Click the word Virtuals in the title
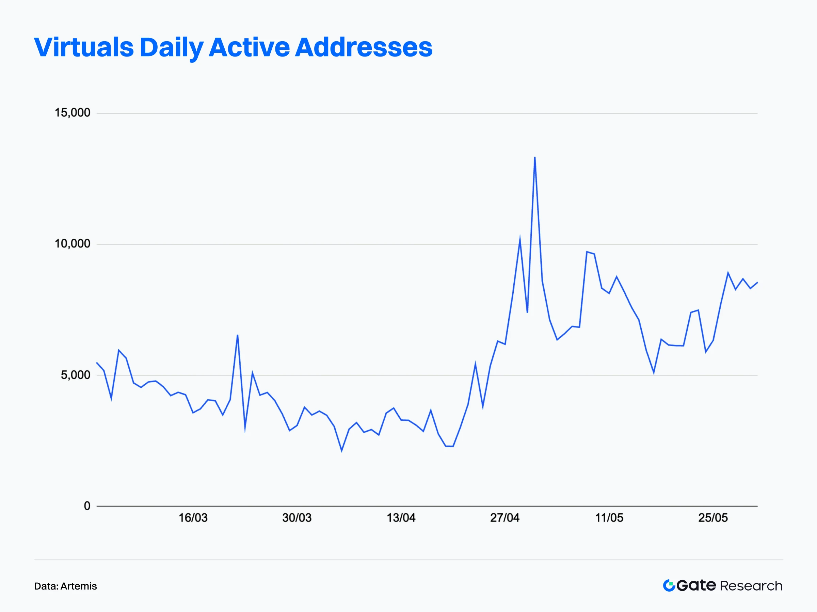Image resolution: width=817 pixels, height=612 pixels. coord(83,47)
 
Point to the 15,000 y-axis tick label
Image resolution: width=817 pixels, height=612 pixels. coord(73,113)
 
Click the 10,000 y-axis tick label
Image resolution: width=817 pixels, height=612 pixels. coord(73,244)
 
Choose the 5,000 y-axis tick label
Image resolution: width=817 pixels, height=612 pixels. coord(75,375)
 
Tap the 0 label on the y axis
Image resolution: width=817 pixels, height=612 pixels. coord(87,505)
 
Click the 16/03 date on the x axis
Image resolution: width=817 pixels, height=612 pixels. coord(193,518)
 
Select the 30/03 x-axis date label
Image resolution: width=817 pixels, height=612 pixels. coord(297,518)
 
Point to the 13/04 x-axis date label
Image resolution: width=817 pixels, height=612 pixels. coord(401,518)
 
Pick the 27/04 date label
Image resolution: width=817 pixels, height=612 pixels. coord(505,518)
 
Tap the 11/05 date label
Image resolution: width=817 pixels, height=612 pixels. coord(609,518)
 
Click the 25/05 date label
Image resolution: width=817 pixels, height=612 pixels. coord(713,518)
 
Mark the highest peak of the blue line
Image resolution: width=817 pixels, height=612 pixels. coord(535,158)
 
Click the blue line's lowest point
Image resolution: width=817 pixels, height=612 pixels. coord(342,451)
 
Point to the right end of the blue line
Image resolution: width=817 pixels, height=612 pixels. coord(757,283)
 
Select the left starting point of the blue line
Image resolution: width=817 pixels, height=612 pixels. coord(97,363)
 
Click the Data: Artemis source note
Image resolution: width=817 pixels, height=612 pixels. coord(65,586)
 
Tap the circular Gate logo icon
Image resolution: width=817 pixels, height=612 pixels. coord(669,585)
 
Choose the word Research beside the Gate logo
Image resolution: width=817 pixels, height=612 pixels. coord(751,586)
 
